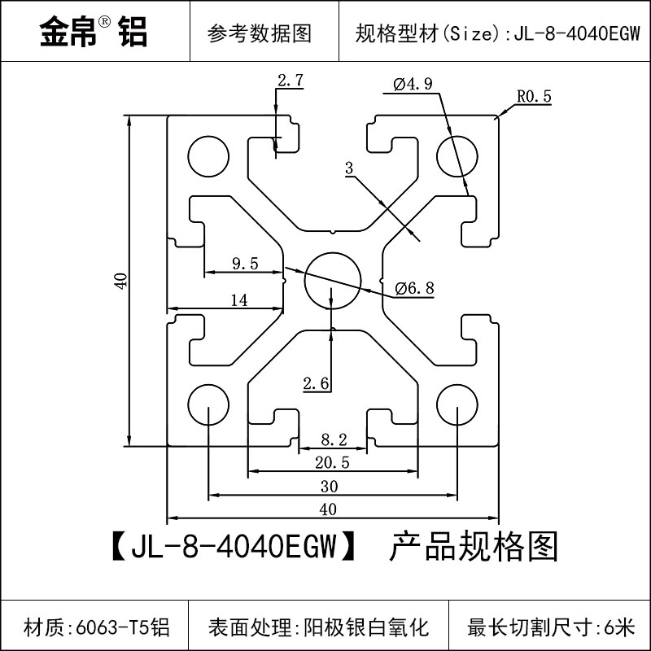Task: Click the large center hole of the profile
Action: (x=332, y=277)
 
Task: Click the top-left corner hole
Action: (x=208, y=153)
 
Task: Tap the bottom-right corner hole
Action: (x=456, y=402)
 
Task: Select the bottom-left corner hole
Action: (x=208, y=402)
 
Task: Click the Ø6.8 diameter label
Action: (x=414, y=287)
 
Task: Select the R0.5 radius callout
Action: (x=534, y=97)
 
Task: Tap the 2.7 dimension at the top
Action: (x=291, y=81)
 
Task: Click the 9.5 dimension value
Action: (x=245, y=263)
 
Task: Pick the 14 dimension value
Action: (x=238, y=299)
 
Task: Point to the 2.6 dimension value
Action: (x=316, y=382)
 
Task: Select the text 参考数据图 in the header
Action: (x=260, y=33)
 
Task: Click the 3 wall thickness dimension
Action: (x=349, y=169)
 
